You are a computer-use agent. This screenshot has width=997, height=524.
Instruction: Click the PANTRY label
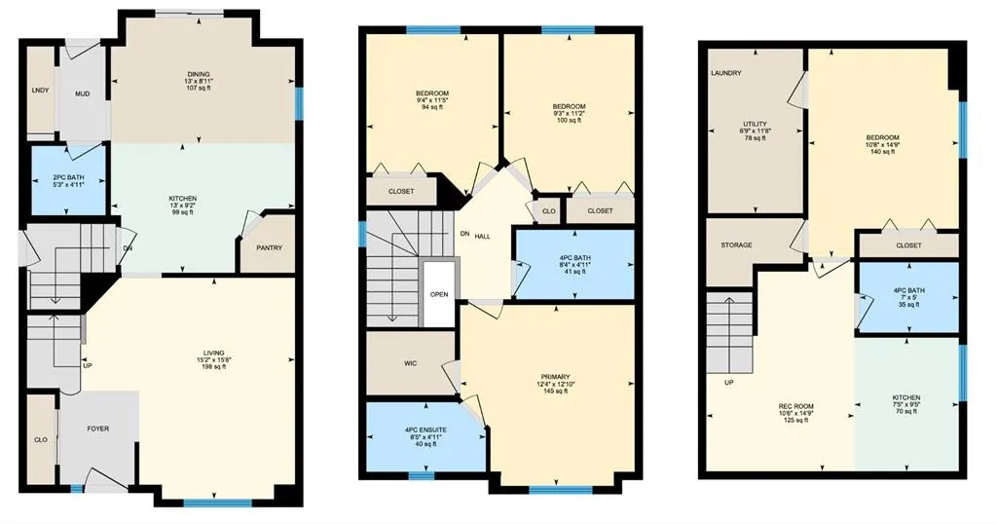point(269,247)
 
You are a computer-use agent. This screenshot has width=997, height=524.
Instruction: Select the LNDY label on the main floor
point(40,90)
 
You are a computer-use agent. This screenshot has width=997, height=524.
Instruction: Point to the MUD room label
point(83,94)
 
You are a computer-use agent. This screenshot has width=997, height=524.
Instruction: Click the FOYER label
point(98,429)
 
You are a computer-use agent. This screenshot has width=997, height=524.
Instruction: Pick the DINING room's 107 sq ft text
point(199,89)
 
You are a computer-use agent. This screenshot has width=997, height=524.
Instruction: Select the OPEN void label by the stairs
point(440,294)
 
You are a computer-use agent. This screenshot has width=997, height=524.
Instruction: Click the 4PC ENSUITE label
point(425,430)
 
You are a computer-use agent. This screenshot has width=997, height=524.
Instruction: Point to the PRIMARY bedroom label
point(555,376)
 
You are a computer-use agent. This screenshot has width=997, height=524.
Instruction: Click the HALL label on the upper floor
point(482,236)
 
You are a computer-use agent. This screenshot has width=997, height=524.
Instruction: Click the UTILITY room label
point(756,125)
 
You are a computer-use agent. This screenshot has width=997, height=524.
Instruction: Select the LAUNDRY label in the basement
point(726,73)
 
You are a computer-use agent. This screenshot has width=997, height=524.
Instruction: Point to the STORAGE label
point(736,244)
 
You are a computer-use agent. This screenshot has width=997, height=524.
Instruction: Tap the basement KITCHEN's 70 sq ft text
point(906,413)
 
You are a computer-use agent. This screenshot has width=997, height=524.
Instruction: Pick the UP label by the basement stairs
point(727,383)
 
